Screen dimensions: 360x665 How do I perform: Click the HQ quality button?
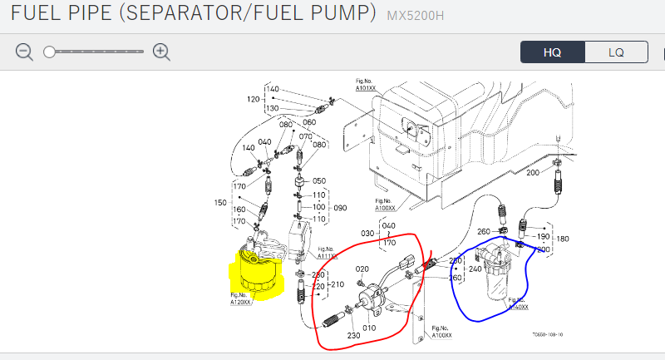coord(553,52)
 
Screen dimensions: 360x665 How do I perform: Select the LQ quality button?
coord(616,52)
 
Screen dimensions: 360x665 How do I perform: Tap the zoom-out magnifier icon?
coord(25,52)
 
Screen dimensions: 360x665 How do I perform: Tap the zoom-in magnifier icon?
coord(161,52)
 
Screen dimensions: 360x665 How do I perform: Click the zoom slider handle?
coord(50,52)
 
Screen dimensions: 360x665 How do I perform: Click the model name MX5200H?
coord(418,14)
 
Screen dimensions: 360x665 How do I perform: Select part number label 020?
coord(362,269)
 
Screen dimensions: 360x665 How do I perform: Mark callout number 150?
coord(221,202)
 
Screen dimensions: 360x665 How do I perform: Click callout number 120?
coord(253,99)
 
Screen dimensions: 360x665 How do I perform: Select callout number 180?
coord(563,238)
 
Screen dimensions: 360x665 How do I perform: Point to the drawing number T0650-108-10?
coord(548,335)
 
